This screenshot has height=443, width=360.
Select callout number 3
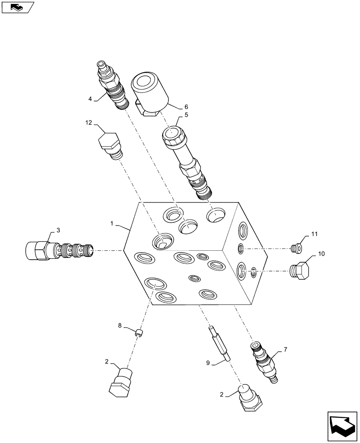[x=58, y=230]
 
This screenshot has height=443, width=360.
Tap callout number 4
[x=90, y=99]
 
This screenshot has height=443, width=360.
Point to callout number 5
[x=180, y=115]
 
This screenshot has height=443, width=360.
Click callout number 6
[x=186, y=107]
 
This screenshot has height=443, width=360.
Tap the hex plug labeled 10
[x=300, y=271]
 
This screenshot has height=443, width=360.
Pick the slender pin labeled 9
[x=220, y=342]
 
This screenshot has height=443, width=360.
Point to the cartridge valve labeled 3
[x=60, y=250]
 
